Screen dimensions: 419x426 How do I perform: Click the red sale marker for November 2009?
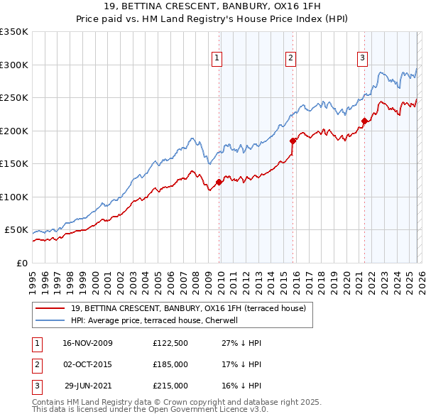point(219,183)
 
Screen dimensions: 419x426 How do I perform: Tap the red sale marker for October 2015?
point(293,141)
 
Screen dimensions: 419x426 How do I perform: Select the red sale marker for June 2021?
point(364,121)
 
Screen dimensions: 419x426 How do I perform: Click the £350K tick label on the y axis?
point(13,32)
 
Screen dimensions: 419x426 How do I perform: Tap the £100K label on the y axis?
point(13,197)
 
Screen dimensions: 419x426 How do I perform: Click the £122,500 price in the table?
point(170,343)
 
